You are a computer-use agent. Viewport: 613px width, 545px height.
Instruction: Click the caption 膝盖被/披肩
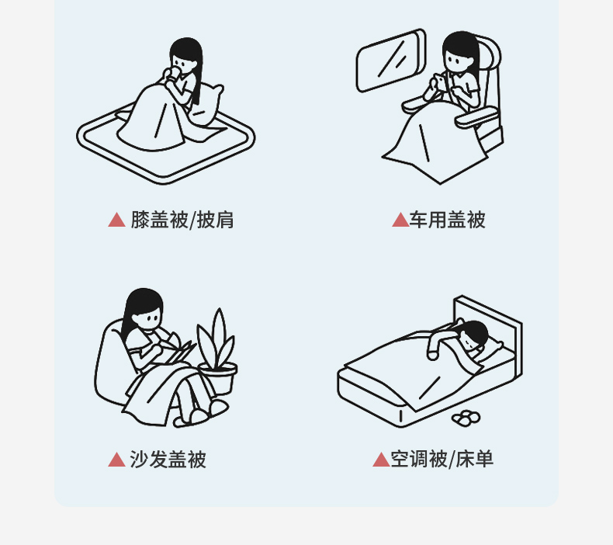[182, 220]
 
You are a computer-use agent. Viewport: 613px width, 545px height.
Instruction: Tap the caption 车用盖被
[447, 220]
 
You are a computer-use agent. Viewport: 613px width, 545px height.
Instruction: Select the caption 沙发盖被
[168, 460]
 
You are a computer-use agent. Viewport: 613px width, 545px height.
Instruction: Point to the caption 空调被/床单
[442, 460]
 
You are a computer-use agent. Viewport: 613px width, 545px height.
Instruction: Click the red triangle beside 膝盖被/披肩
[116, 220]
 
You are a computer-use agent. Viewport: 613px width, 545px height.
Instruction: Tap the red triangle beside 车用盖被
[400, 220]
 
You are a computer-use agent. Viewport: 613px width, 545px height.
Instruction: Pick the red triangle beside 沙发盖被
[116, 460]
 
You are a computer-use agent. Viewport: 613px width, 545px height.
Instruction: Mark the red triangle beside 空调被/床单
[382, 460]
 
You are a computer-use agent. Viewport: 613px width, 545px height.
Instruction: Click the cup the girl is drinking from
[172, 73]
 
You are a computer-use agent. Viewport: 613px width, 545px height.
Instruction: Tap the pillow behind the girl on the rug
[208, 105]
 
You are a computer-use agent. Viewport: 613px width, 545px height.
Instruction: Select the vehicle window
[390, 61]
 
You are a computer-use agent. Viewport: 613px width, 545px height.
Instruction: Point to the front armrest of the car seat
[476, 117]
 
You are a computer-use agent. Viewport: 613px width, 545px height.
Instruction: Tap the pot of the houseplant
[218, 377]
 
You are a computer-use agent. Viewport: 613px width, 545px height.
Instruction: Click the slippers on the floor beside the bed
[466, 418]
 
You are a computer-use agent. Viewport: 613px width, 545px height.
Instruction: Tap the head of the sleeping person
[474, 335]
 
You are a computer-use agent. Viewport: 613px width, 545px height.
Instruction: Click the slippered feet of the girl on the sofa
[202, 414]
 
